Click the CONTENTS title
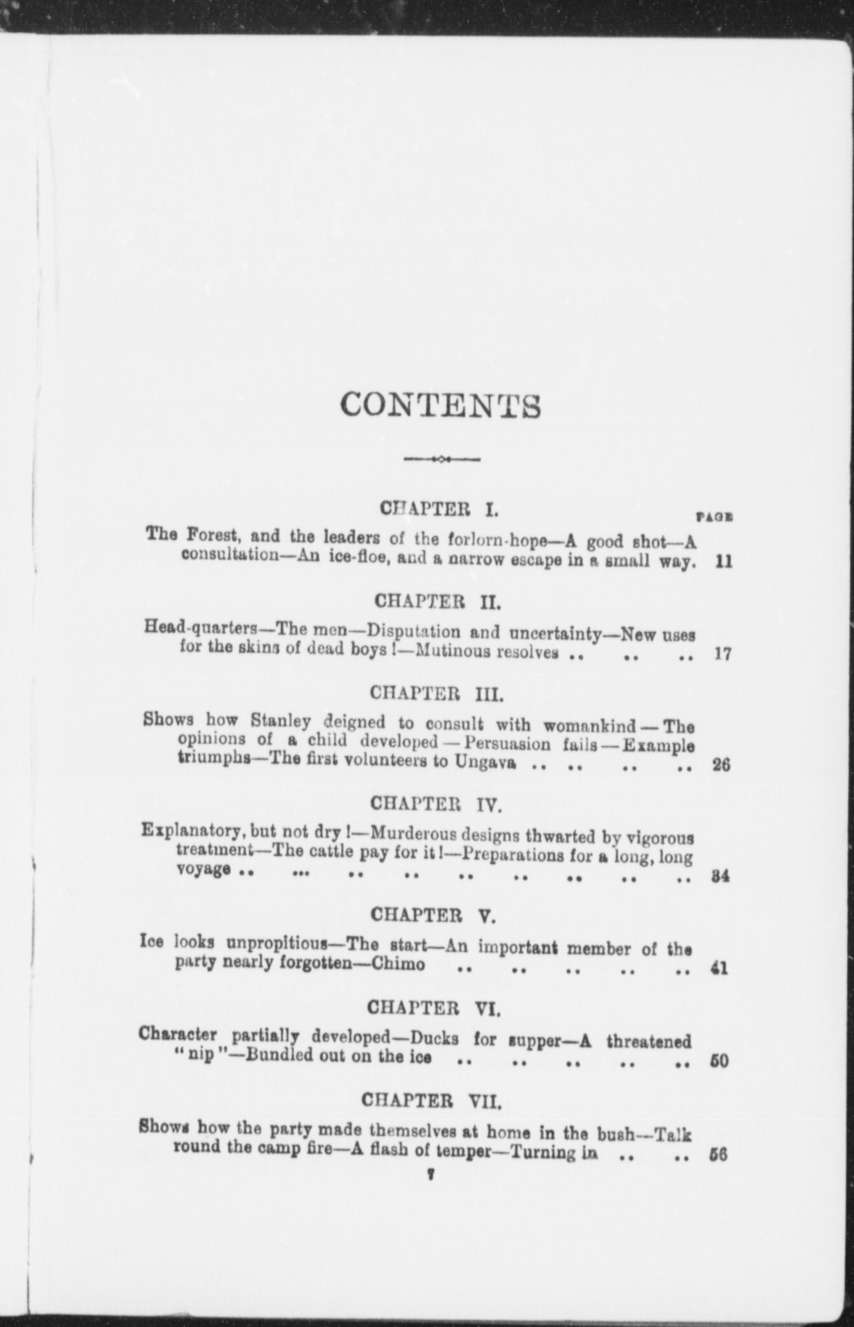tap(440, 405)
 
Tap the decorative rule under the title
tap(442, 459)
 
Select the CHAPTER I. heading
tap(439, 509)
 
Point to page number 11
tap(723, 561)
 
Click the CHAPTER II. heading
tap(437, 602)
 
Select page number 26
tap(722, 766)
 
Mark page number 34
tap(720, 876)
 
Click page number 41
tap(720, 968)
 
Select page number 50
tap(719, 1061)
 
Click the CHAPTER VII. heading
tap(432, 1101)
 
